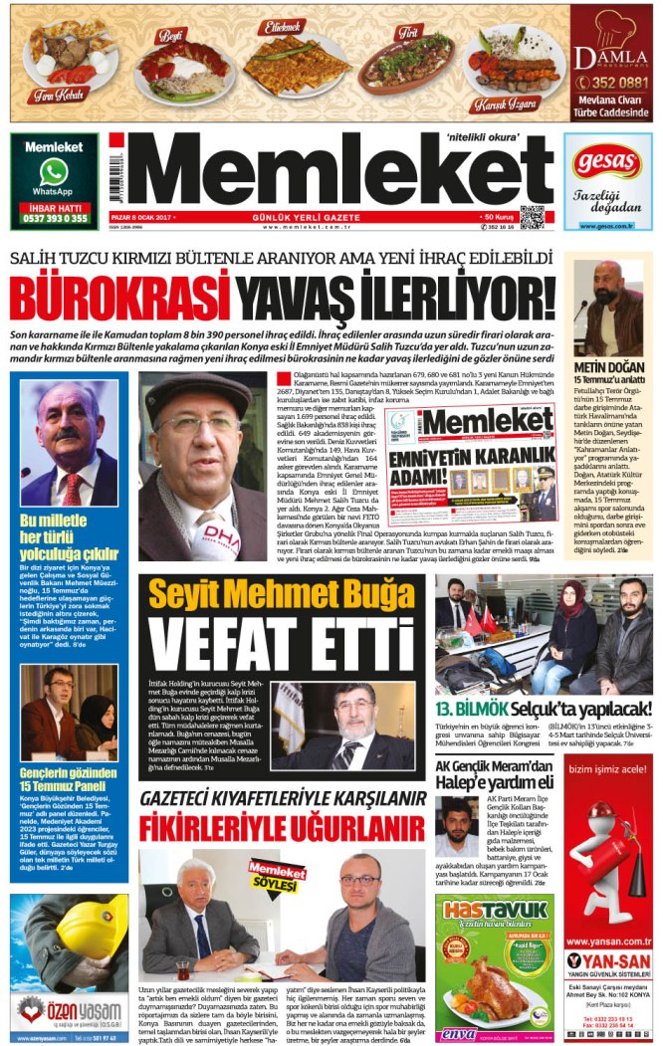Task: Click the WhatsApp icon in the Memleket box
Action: (53, 172)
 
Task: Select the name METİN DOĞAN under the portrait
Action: (601, 367)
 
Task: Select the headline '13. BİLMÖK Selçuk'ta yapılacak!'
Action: (544, 710)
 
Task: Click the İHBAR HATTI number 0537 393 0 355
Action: (54, 218)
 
